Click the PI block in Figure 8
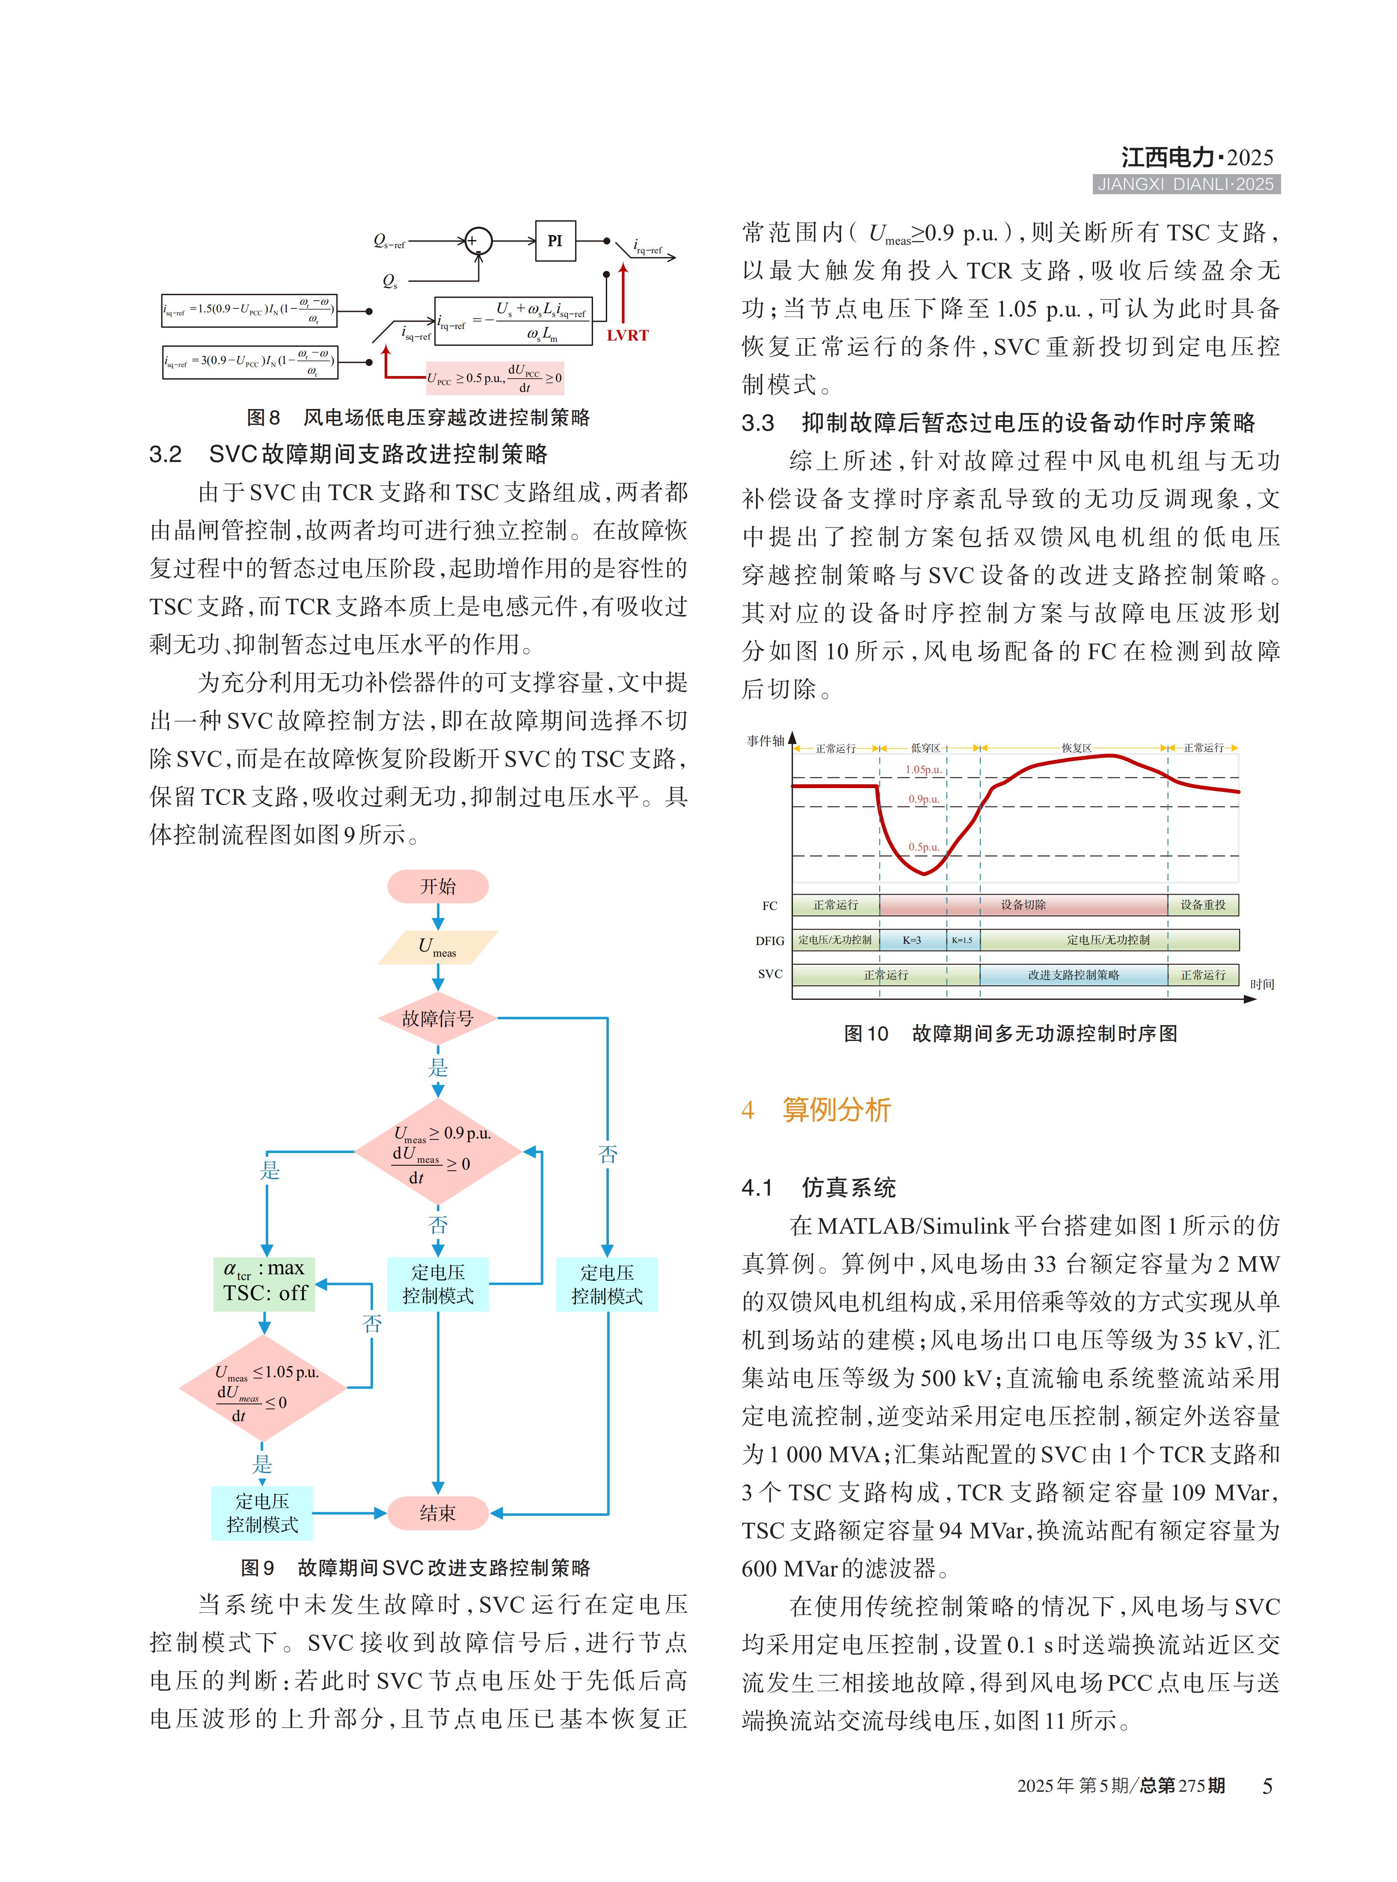(x=555, y=241)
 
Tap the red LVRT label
(x=627, y=335)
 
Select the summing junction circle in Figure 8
(x=479, y=241)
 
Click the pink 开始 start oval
(x=438, y=886)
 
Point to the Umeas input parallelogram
(x=438, y=947)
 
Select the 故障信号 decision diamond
(x=438, y=1019)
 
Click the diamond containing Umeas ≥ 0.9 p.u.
(x=438, y=1152)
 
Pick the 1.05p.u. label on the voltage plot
(x=923, y=769)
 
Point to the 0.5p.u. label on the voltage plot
(x=923, y=846)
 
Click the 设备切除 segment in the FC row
(x=1023, y=905)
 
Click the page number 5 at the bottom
(x=1267, y=1786)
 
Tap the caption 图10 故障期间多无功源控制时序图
(x=1011, y=1033)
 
